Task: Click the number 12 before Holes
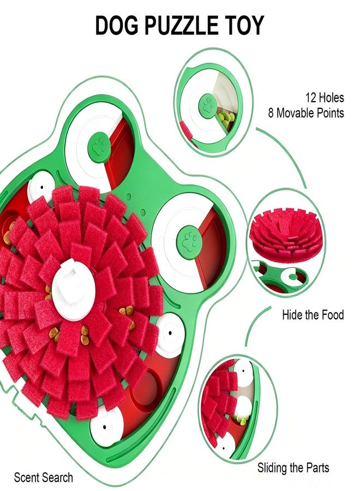[311, 98]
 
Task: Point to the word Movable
[295, 113]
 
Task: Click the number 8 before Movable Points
[271, 113]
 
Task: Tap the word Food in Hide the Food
[332, 315]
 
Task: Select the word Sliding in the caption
[272, 468]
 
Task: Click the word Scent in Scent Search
[27, 478]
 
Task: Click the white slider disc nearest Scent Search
[105, 427]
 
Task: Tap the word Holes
[331, 98]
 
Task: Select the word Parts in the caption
[316, 468]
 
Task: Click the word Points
[330, 113]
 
